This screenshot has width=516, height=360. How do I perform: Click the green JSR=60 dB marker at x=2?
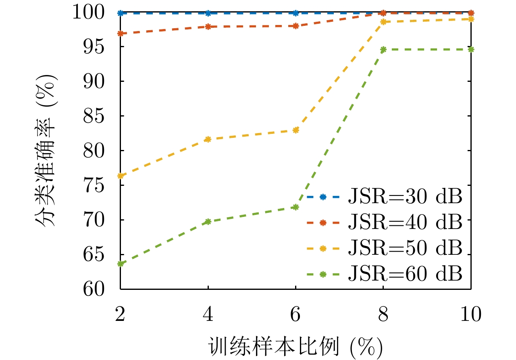tap(120, 264)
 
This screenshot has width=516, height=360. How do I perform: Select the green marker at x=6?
tap(295, 207)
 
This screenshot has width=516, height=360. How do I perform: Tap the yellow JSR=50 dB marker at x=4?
tap(208, 139)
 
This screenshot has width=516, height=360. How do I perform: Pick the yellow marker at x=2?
tap(120, 176)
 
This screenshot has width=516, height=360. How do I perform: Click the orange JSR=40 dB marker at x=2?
tap(120, 33)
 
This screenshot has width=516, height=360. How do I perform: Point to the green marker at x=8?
tap(383, 50)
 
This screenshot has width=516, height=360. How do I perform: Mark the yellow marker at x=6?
tap(295, 130)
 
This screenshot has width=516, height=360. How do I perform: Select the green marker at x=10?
tap(471, 50)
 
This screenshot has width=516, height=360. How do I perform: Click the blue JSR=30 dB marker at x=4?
tap(208, 13)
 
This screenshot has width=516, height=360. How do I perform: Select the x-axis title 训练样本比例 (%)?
tap(295, 345)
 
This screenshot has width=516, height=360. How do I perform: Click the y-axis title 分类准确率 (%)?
tap(46, 151)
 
